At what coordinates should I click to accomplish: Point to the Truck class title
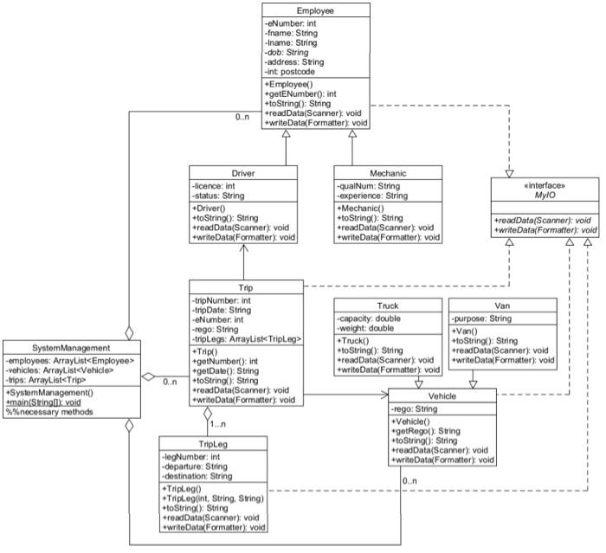pos(387,306)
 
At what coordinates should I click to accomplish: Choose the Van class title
pos(501,306)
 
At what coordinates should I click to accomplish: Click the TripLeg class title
pos(213,443)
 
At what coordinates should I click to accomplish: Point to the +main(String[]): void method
pos(48,402)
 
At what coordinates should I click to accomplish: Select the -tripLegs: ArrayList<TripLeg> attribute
pos(246,340)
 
